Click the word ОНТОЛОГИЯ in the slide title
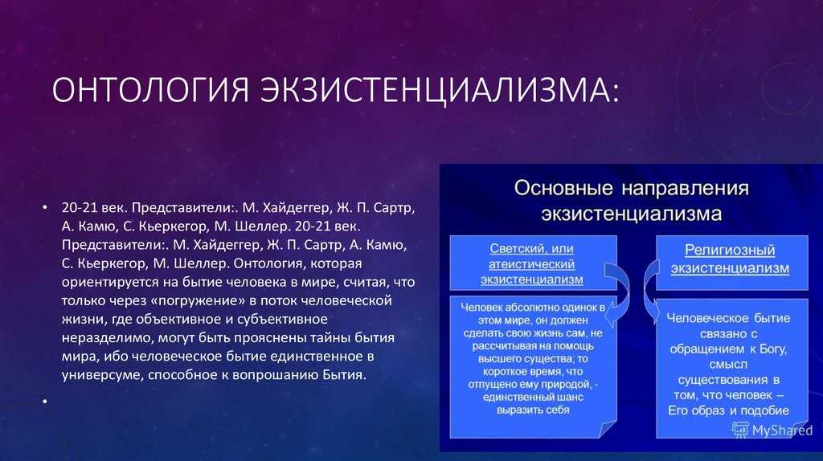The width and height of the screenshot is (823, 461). [x=150, y=89]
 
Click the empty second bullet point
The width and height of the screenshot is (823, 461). [x=45, y=402]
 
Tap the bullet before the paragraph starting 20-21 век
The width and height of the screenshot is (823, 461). [x=45, y=208]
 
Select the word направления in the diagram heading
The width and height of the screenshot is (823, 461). [x=686, y=189]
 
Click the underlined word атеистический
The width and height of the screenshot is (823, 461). [x=532, y=264]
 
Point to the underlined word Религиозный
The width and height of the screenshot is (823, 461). [x=730, y=250]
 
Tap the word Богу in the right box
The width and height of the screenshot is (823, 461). [x=773, y=349]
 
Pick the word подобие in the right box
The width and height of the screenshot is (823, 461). [x=766, y=410]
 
